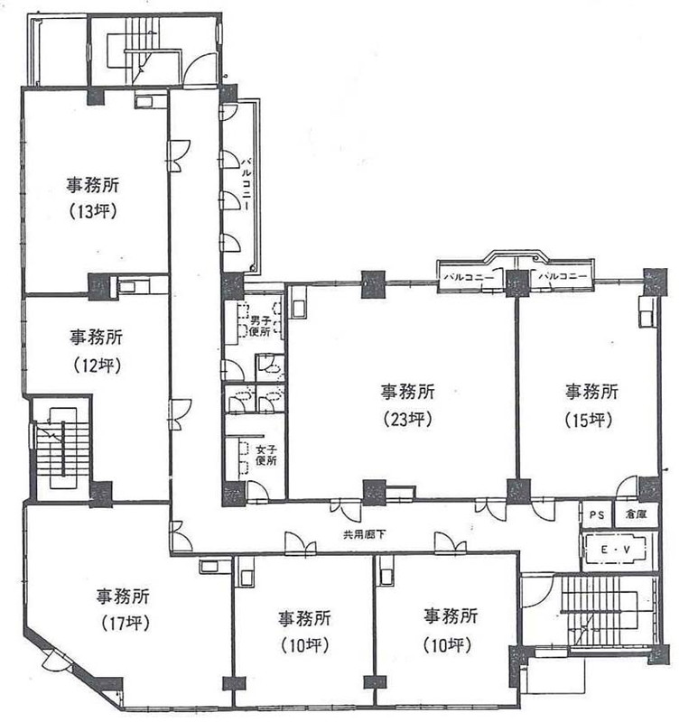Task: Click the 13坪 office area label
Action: [x=93, y=212]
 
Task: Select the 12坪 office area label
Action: [x=97, y=366]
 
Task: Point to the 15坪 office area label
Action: [x=590, y=420]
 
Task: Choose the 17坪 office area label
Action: [x=125, y=624]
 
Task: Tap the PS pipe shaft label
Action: [x=597, y=514]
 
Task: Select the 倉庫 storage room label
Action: [x=636, y=514]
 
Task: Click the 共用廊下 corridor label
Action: [x=365, y=534]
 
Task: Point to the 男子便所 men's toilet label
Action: [x=260, y=327]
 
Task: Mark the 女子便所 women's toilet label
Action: [x=266, y=454]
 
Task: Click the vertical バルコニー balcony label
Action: [x=246, y=183]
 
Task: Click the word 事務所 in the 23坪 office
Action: [x=408, y=392]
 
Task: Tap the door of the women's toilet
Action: [x=257, y=491]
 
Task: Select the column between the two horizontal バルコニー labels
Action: [x=518, y=283]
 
